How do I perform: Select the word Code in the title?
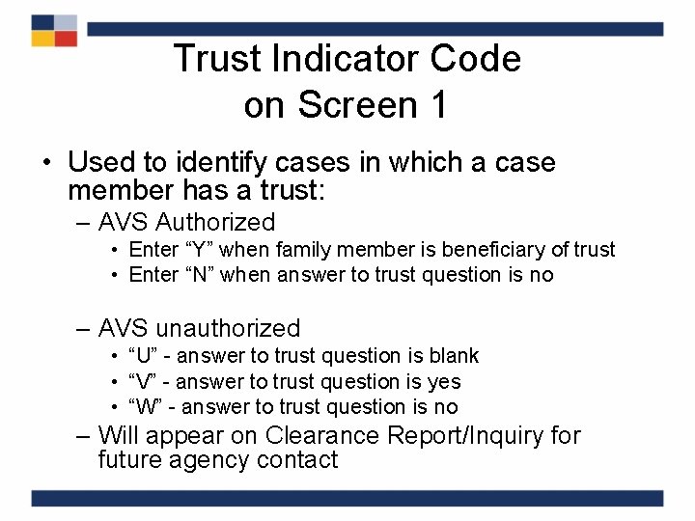pyautogui.click(x=475, y=59)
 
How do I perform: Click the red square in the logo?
pyautogui.click(x=66, y=39)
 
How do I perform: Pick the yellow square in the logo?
pyautogui.click(x=42, y=39)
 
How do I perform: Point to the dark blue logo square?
pyautogui.click(x=42, y=22)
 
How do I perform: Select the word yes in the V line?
pyautogui.click(x=444, y=382)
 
